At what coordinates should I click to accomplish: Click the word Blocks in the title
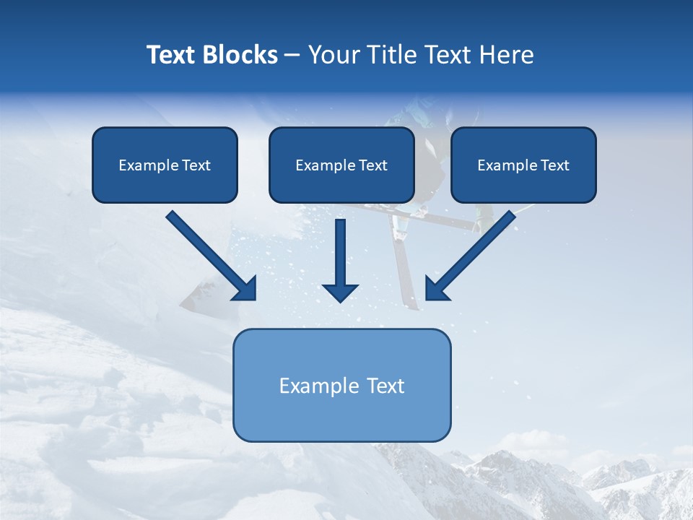[x=240, y=55]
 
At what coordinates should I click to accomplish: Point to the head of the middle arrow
[x=340, y=292]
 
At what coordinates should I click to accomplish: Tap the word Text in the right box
[x=554, y=165]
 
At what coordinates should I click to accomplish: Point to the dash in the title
[x=292, y=56]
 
